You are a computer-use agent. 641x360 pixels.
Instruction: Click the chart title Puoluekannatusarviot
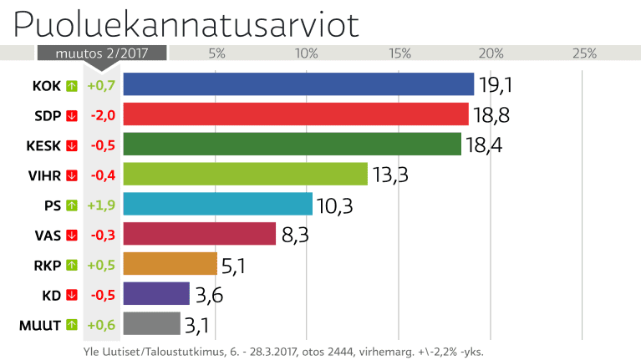pos(186,24)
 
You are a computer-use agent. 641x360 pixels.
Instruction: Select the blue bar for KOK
pos(298,84)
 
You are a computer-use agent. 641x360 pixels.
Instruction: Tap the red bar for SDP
pos(296,114)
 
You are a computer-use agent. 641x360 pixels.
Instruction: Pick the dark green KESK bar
pos(292,144)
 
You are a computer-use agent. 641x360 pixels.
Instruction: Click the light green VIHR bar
pos(245,174)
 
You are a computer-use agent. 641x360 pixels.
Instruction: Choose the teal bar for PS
pos(217,204)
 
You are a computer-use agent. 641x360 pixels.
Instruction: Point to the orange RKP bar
pos(170,264)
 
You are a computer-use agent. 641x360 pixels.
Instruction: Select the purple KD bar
pos(156,294)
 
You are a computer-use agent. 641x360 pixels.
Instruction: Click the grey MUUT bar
pos(151,323)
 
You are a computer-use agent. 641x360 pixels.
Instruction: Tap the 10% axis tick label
pos(307,53)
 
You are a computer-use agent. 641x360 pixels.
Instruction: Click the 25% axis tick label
pos(584,53)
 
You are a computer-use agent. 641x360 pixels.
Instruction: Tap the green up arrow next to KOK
pos(71,85)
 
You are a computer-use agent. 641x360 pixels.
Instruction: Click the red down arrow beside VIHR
pos(71,175)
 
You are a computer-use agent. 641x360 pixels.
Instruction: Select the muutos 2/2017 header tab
pos(101,53)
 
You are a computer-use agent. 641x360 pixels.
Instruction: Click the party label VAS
pos(48,235)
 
